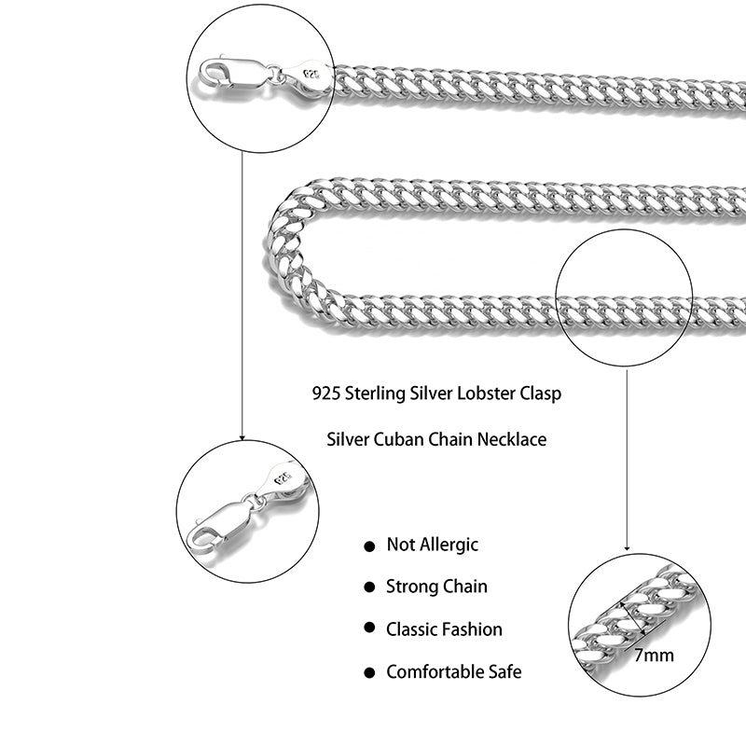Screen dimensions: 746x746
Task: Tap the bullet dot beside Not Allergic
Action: tap(370, 546)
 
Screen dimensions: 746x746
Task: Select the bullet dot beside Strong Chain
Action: tap(370, 587)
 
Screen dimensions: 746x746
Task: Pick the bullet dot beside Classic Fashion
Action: tap(370, 629)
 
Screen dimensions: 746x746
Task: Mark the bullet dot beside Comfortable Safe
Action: tap(370, 672)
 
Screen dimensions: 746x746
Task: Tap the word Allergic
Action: tap(448, 546)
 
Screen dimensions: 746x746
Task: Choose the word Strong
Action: tap(411, 587)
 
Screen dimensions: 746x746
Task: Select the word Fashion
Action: tap(470, 629)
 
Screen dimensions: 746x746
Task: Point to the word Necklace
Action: tap(511, 438)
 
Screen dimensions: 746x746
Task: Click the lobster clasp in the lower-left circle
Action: tap(219, 527)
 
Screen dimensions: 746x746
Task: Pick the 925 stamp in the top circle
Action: tap(310, 72)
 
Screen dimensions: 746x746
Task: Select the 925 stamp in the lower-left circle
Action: tap(282, 478)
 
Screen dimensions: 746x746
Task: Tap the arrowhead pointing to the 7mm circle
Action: tap(627, 547)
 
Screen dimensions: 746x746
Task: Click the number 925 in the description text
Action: tap(327, 394)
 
